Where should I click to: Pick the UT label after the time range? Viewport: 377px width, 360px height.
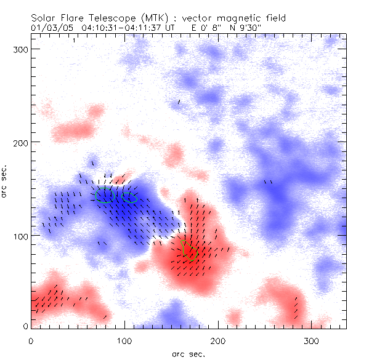coord(171,28)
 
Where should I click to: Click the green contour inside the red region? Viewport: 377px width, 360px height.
coord(190,252)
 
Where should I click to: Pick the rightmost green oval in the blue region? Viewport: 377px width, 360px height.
coord(129,198)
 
